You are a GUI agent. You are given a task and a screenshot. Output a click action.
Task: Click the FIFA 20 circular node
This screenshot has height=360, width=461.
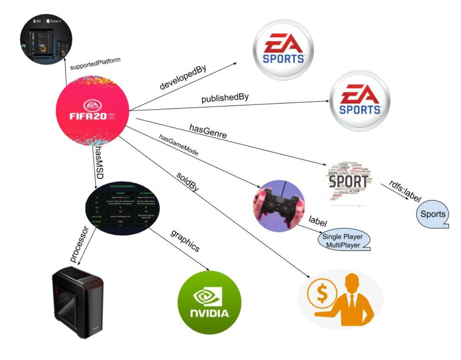92,112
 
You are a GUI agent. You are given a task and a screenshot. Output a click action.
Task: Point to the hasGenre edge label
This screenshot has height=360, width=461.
208,130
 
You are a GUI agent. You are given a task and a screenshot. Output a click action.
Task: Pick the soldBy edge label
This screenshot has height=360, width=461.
188,182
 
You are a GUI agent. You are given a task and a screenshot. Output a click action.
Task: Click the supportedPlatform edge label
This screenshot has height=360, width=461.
95,64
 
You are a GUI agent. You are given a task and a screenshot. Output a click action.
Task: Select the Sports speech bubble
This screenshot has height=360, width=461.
433,214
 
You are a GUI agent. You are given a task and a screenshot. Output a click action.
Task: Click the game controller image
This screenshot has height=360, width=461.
279,205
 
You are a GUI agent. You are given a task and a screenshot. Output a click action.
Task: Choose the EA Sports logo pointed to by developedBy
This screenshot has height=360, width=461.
283,50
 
